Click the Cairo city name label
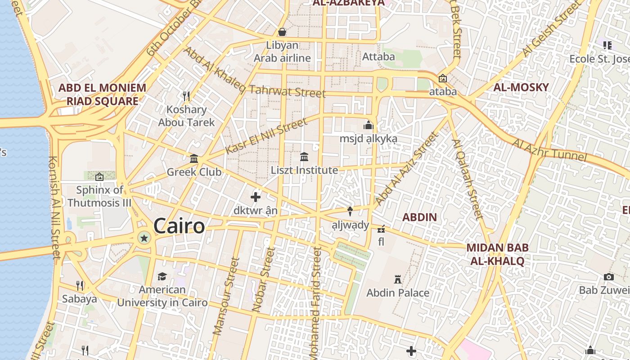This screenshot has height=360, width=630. click(x=179, y=226)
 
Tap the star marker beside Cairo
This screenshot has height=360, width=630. click(x=144, y=238)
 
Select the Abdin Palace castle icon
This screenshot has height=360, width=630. click(x=398, y=279)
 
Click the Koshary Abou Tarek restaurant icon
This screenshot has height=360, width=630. click(x=186, y=96)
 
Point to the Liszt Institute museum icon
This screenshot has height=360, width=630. click(x=304, y=157)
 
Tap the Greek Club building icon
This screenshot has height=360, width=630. click(x=194, y=158)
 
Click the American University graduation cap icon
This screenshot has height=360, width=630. click(x=162, y=276)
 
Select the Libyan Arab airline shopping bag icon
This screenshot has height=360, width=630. click(x=282, y=32)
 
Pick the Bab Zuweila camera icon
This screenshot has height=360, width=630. click(x=609, y=277)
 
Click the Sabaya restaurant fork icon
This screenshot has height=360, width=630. click(x=80, y=285)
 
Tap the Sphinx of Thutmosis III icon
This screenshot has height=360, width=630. click(x=99, y=177)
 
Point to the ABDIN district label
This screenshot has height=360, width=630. click(x=419, y=217)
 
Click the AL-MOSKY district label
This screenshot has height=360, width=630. click(x=521, y=87)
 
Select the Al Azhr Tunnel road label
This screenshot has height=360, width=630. click(x=549, y=150)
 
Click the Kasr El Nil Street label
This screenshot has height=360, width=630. click(x=266, y=135)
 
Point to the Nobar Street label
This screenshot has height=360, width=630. click(x=264, y=279)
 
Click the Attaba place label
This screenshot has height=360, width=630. click(x=378, y=57)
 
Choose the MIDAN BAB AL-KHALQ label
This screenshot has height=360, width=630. click(x=497, y=254)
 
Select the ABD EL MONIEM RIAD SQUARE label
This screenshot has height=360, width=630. click(x=103, y=94)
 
